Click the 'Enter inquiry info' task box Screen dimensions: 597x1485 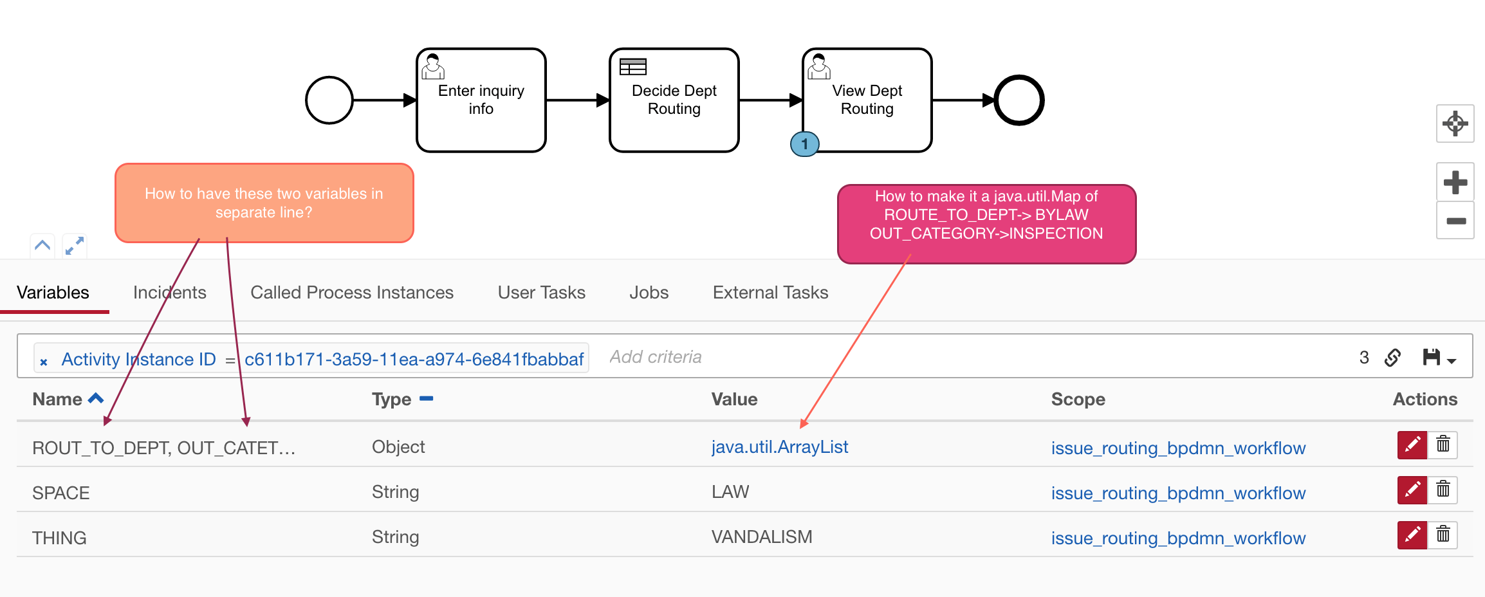tap(481, 100)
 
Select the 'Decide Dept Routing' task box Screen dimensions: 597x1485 tap(674, 100)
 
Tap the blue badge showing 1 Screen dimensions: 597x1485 tap(804, 144)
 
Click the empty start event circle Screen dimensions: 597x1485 tap(329, 100)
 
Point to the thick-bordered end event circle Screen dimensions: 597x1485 tap(1019, 100)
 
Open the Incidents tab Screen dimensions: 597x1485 tap(169, 293)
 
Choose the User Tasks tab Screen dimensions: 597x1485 tap(541, 293)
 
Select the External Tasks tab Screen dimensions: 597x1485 tap(770, 293)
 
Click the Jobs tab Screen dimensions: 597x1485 tap(649, 293)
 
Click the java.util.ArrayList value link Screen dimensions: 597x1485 tap(779, 447)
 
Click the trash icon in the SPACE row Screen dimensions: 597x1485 tap(1443, 490)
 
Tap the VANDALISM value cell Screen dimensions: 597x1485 tap(762, 537)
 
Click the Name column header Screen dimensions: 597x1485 tap(58, 400)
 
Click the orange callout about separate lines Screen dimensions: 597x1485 tap(264, 203)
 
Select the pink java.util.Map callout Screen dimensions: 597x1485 tap(986, 223)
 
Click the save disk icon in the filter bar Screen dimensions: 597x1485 tap(1431, 357)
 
